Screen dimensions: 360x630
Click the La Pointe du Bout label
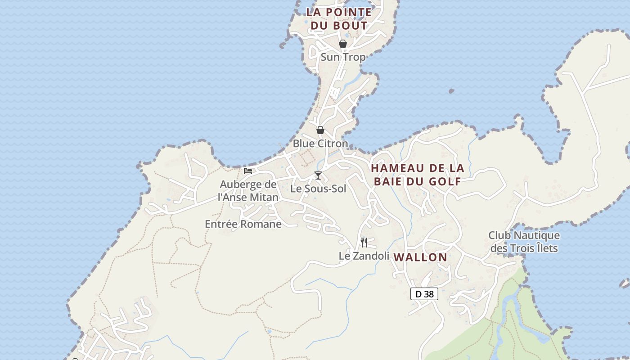click(x=339, y=19)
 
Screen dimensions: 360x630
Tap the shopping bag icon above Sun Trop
click(x=343, y=44)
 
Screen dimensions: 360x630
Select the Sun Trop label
click(x=343, y=57)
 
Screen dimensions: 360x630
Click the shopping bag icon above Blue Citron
click(x=320, y=130)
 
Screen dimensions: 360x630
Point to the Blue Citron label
click(x=320, y=144)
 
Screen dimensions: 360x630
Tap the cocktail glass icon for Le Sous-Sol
click(x=318, y=175)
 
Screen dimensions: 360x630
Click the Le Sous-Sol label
click(x=318, y=189)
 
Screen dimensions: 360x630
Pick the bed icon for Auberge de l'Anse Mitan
click(x=248, y=171)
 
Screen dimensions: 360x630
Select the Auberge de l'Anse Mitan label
click(x=248, y=191)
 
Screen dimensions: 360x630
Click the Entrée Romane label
click(x=243, y=224)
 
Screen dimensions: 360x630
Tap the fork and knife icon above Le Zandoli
click(x=364, y=243)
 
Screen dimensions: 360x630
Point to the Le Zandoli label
click(x=364, y=256)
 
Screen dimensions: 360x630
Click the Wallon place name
click(x=421, y=257)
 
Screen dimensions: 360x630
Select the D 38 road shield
click(x=424, y=294)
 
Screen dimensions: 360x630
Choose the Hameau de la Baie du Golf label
click(x=417, y=175)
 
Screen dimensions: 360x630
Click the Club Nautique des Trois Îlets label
click(x=524, y=242)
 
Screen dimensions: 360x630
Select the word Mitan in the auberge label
click(x=262, y=197)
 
